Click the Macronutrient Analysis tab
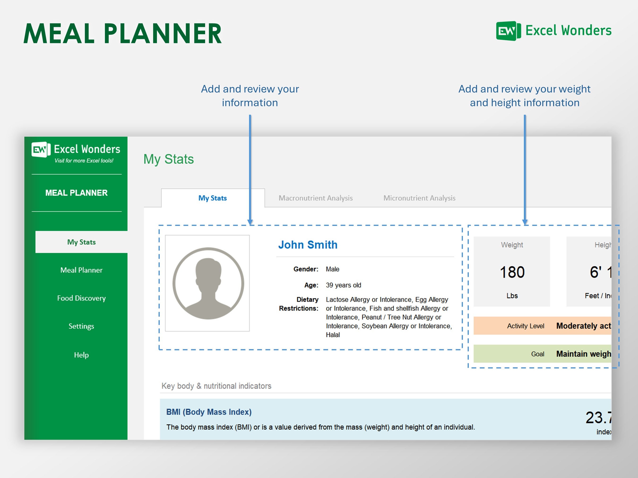(x=315, y=198)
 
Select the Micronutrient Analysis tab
(x=419, y=198)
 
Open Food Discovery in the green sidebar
(x=81, y=298)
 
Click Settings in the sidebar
(x=81, y=326)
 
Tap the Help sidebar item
(x=81, y=355)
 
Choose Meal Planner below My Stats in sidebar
(x=81, y=270)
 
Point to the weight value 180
(x=512, y=272)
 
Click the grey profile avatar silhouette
(x=208, y=283)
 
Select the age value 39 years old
(x=343, y=285)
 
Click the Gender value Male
(x=332, y=269)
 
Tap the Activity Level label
(x=526, y=326)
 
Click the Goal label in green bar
(x=538, y=354)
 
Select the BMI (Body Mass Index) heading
(x=209, y=412)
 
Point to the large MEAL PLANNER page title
(x=123, y=34)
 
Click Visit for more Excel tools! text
(x=84, y=161)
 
